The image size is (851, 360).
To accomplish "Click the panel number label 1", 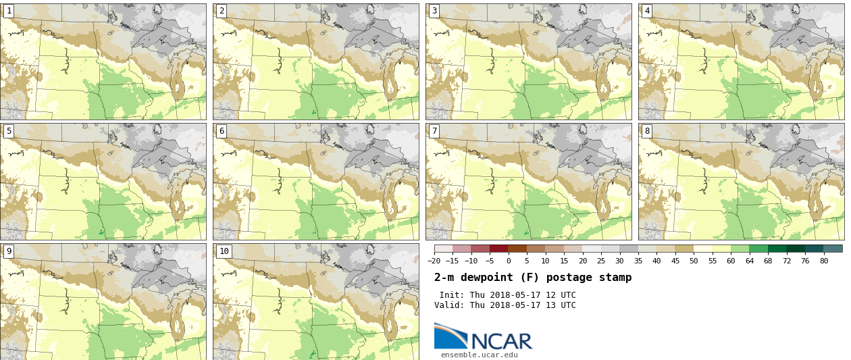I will click(9, 11).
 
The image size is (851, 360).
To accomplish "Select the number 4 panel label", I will click(647, 11).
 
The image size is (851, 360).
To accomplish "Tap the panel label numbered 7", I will click(434, 131).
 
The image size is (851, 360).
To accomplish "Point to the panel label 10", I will click(224, 251).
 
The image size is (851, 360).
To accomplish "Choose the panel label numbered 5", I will click(9, 131).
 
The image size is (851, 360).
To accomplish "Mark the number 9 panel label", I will click(9, 251).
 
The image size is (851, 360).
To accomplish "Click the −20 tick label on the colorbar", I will click(434, 261).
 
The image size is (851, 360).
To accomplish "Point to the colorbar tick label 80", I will click(824, 261).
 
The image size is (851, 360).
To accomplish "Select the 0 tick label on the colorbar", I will click(509, 261).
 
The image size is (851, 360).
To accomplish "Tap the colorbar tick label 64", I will click(750, 261).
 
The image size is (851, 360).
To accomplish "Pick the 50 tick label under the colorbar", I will click(694, 261).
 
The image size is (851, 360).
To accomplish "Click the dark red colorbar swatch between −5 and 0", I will click(499, 249).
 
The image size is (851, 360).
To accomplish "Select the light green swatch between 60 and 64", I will click(740, 249).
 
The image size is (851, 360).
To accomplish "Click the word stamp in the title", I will click(615, 278).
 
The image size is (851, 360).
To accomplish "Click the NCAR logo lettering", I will click(502, 341).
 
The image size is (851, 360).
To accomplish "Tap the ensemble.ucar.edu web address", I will click(480, 355).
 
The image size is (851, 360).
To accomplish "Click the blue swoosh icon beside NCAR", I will click(450, 336).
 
